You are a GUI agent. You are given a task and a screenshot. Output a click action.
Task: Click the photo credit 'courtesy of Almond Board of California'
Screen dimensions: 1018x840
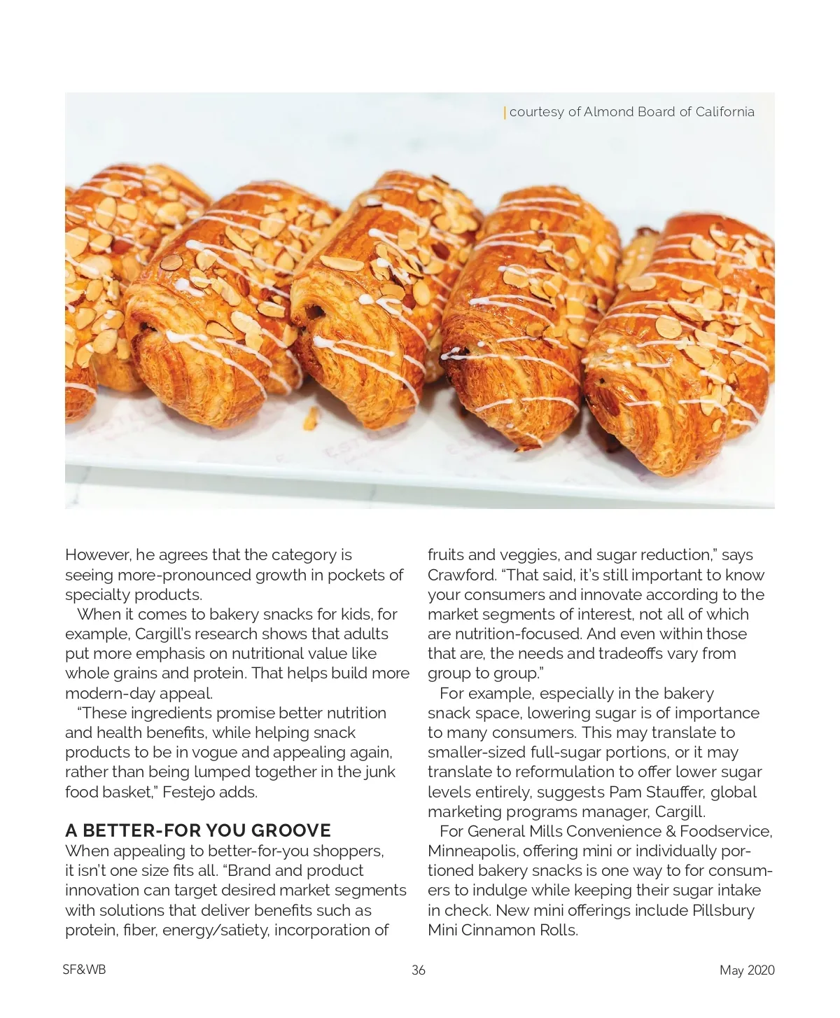coord(631,112)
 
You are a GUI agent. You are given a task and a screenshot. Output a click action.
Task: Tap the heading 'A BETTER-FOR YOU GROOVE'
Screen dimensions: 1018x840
coord(198,830)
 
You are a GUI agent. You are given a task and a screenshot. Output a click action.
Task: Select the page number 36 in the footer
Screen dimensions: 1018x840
coord(419,970)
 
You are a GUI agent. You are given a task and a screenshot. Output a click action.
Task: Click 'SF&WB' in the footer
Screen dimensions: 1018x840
coord(84,970)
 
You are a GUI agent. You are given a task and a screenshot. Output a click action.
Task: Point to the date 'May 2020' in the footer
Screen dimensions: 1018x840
coord(747,970)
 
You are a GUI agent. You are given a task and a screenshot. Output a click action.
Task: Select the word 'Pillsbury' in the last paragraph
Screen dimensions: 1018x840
coord(723,910)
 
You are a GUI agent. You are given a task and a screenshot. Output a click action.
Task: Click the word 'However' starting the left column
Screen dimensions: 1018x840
coord(97,555)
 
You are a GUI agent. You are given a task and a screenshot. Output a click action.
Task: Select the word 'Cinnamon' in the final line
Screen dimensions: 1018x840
coord(498,930)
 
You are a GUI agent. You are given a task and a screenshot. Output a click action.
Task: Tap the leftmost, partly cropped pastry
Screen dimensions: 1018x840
coord(94,280)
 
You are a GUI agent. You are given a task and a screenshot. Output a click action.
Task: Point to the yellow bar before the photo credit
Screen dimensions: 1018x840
coord(505,112)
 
